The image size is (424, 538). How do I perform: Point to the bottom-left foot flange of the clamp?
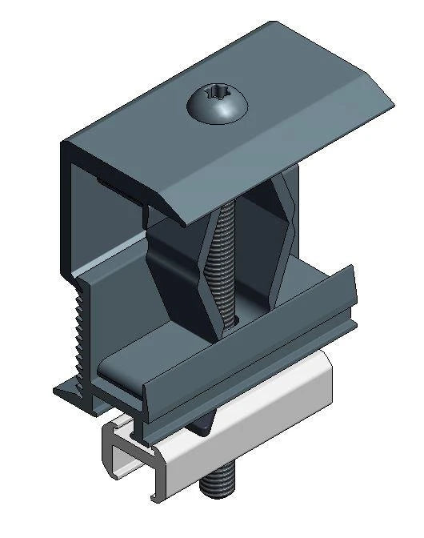(68, 393)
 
